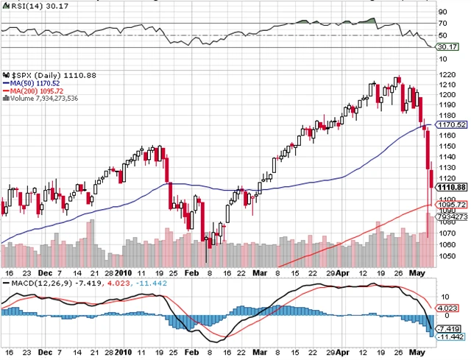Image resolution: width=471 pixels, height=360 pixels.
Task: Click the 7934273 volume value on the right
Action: coord(450,217)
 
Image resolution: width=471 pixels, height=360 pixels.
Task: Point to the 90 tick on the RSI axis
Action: coord(442,12)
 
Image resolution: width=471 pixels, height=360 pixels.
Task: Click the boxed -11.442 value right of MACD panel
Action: coord(449,336)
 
